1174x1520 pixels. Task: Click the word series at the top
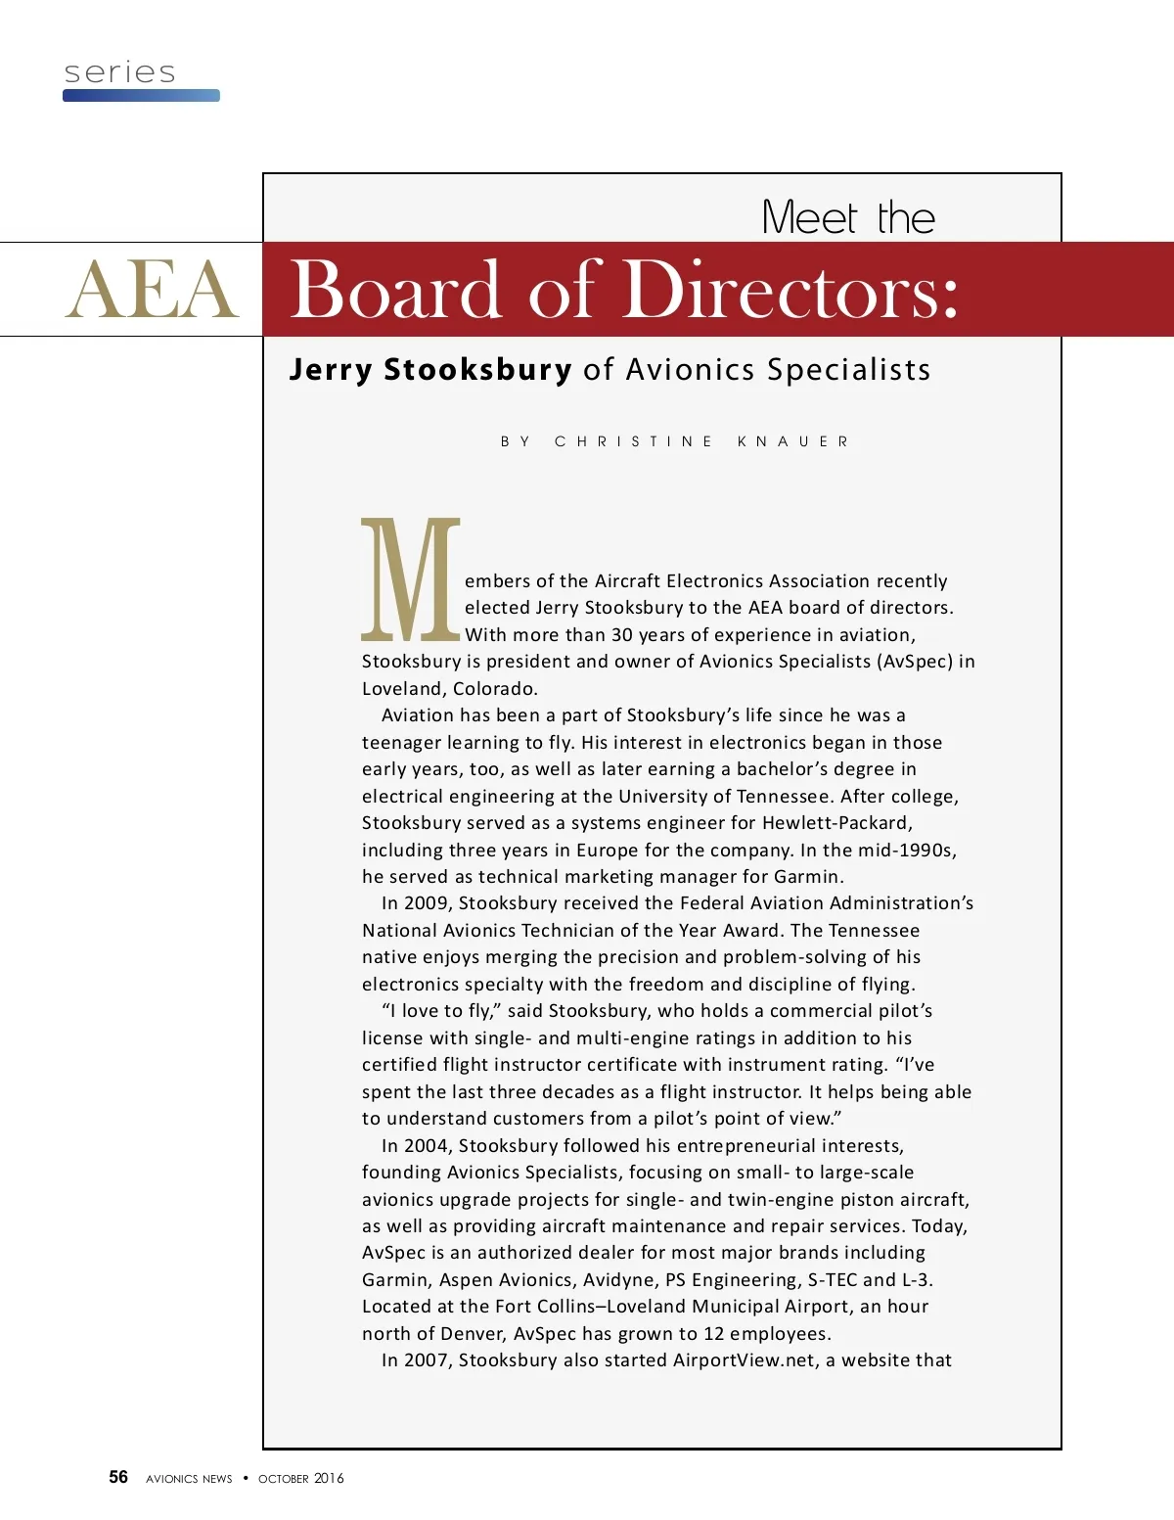pyautogui.click(x=119, y=72)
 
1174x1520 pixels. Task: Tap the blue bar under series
pyautogui.click(x=141, y=96)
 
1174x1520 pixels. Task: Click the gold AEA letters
pyautogui.click(x=152, y=290)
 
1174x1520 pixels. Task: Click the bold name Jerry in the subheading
pyautogui.click(x=331, y=370)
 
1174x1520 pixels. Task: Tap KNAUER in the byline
pyautogui.click(x=792, y=441)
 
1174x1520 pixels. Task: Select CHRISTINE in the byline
pyautogui.click(x=633, y=441)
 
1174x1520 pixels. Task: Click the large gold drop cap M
pyautogui.click(x=410, y=578)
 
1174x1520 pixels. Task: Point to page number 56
pyautogui.click(x=118, y=1477)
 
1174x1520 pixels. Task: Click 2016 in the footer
pyautogui.click(x=329, y=1478)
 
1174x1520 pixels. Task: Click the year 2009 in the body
pyautogui.click(x=426, y=903)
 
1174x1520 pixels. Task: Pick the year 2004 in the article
pyautogui.click(x=426, y=1146)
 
